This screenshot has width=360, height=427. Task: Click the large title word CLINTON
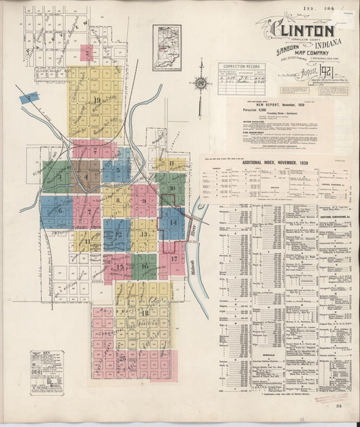[x=303, y=30]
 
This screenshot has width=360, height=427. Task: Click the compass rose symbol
[x=201, y=84]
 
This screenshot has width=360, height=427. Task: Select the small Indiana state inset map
[x=166, y=47]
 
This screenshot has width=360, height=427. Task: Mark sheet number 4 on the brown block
[x=86, y=178]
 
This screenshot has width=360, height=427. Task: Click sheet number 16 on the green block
[x=145, y=266]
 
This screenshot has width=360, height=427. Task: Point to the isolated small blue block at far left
[x=28, y=98]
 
